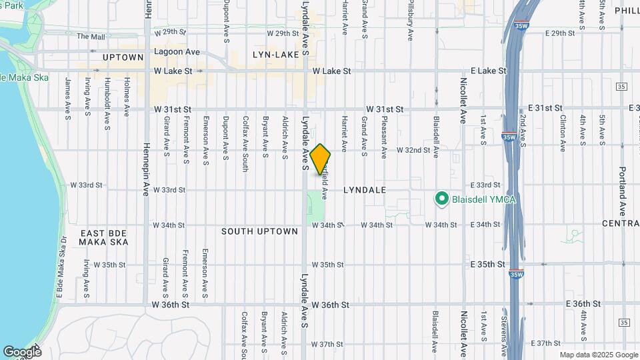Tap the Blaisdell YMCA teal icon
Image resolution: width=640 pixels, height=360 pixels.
point(440,199)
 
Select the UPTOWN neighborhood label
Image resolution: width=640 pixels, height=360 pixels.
point(123,57)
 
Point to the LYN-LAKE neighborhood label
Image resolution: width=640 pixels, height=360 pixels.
point(277,54)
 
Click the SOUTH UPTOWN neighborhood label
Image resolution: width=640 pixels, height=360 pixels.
point(260,231)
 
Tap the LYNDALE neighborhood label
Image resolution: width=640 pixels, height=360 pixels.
point(365,190)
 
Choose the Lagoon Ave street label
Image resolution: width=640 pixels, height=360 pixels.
point(177,51)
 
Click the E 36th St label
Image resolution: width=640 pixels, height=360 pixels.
point(583,303)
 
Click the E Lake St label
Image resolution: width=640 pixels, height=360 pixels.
point(479,71)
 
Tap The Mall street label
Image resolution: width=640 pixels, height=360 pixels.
point(91,37)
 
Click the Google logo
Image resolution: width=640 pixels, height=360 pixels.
point(21,351)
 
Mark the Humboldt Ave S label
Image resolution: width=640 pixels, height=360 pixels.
point(107,97)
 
